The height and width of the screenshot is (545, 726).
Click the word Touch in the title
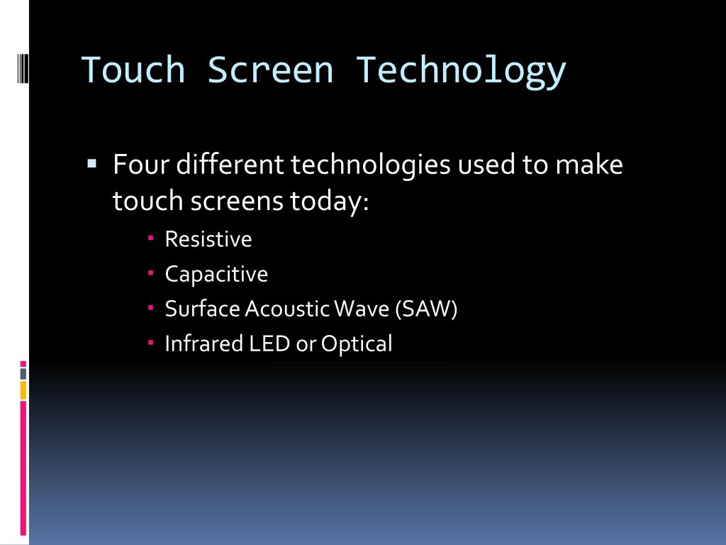(x=133, y=70)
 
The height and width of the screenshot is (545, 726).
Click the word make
(x=588, y=165)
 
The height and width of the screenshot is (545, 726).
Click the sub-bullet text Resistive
(x=208, y=239)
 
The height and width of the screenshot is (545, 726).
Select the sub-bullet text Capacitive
(x=216, y=275)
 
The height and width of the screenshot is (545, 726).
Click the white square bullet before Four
(x=91, y=164)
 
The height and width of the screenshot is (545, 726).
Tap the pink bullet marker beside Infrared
(x=151, y=343)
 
